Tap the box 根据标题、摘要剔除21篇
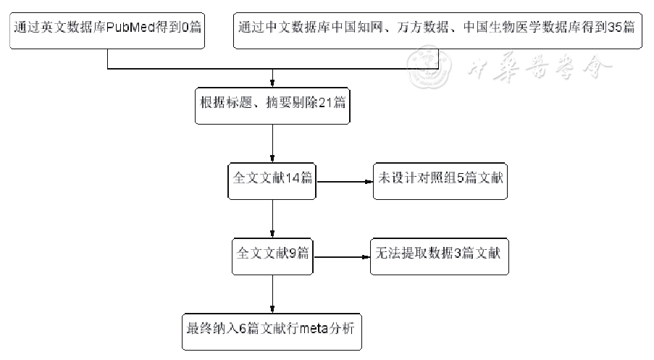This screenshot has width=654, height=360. coord(272,101)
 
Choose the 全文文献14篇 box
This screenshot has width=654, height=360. coord(272,178)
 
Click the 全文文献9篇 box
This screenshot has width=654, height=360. coord(272,255)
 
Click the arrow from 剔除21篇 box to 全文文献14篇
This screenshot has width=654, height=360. coord(272,141)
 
